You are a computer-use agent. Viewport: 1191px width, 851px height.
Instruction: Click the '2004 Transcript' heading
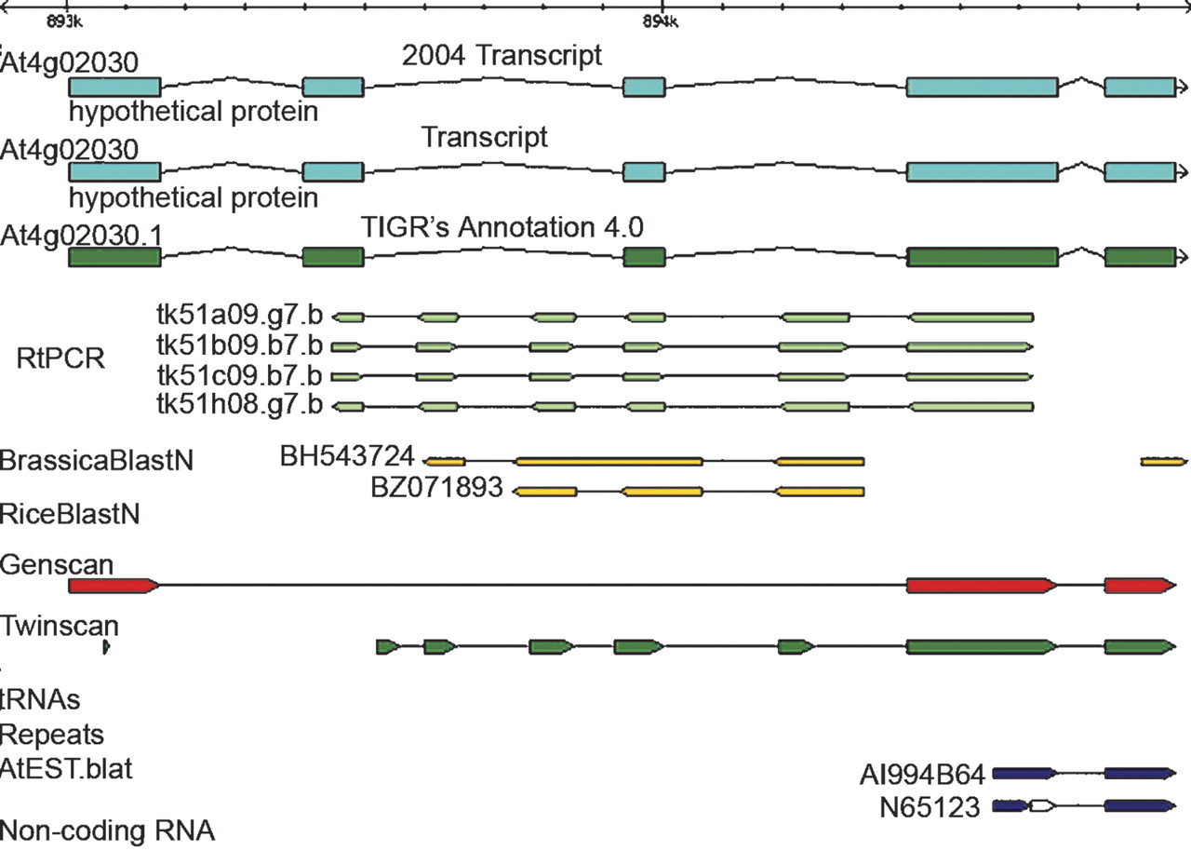(x=502, y=56)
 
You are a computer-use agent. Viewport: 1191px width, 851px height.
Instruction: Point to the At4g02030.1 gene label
(x=82, y=235)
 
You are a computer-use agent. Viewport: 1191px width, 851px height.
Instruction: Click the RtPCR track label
(x=60, y=359)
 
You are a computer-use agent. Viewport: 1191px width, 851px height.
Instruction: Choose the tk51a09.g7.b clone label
(x=241, y=317)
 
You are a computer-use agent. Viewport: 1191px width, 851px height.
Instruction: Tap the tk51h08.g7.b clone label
(x=241, y=405)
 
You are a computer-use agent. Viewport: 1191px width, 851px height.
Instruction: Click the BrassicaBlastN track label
(x=97, y=460)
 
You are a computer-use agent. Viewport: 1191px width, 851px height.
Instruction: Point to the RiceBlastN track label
(x=71, y=512)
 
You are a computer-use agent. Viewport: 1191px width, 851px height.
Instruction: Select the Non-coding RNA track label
(x=108, y=829)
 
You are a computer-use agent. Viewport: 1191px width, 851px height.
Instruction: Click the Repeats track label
(x=52, y=734)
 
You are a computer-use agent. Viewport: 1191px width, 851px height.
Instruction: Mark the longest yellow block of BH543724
(x=609, y=461)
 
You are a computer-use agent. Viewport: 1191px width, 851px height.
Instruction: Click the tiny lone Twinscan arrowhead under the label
(x=106, y=646)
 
